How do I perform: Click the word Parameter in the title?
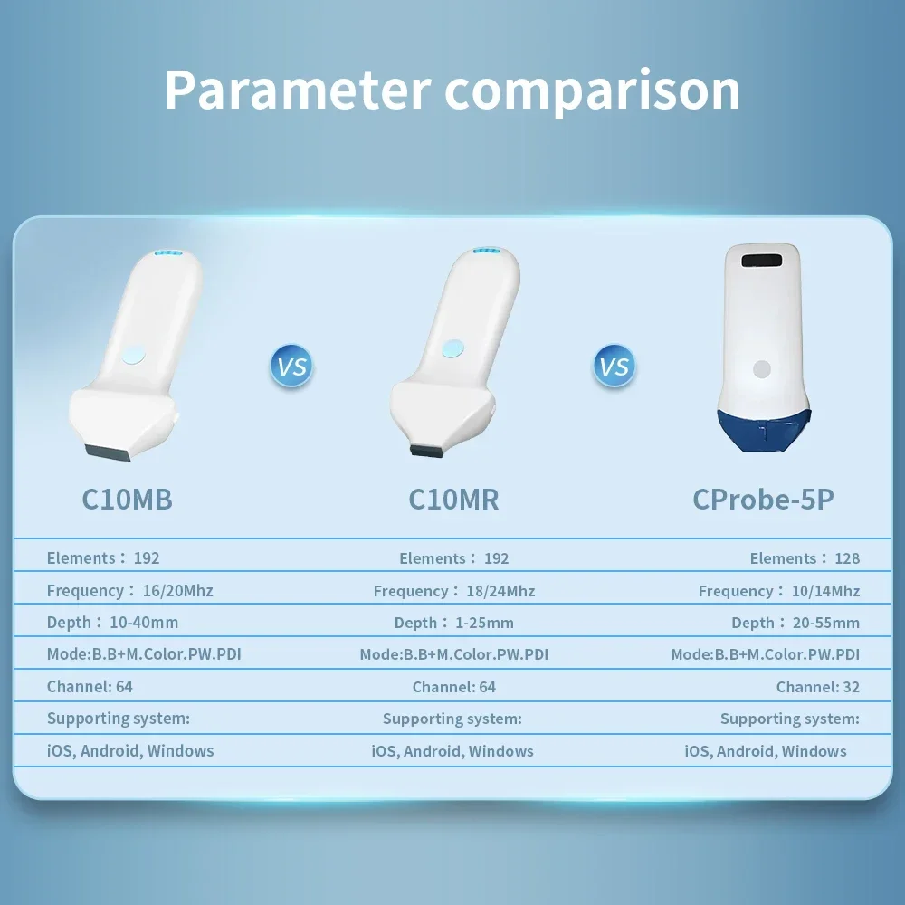pyautogui.click(x=297, y=90)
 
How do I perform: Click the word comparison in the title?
pyautogui.click(x=592, y=92)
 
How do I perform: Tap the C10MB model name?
pyautogui.click(x=127, y=500)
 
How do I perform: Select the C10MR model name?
pyautogui.click(x=453, y=500)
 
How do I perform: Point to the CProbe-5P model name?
pyautogui.click(x=763, y=500)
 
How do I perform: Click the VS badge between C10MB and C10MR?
pyautogui.click(x=291, y=366)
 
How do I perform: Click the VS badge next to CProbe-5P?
pyautogui.click(x=614, y=366)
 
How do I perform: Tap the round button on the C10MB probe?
pyautogui.click(x=133, y=355)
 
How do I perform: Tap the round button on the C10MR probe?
pyautogui.click(x=453, y=348)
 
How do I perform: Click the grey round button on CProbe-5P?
pyautogui.click(x=762, y=369)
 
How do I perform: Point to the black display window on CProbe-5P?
pyautogui.click(x=762, y=261)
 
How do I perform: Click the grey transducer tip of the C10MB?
pyautogui.click(x=109, y=452)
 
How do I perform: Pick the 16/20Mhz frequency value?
pyautogui.click(x=177, y=590)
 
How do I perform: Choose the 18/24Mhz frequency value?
pyautogui.click(x=500, y=591)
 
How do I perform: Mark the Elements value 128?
pyautogui.click(x=847, y=558)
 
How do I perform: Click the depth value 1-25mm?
pyautogui.click(x=484, y=623)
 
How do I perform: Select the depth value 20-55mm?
pyautogui.click(x=826, y=623)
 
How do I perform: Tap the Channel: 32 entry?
pyautogui.click(x=818, y=687)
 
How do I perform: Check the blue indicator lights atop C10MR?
pyautogui.click(x=486, y=251)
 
